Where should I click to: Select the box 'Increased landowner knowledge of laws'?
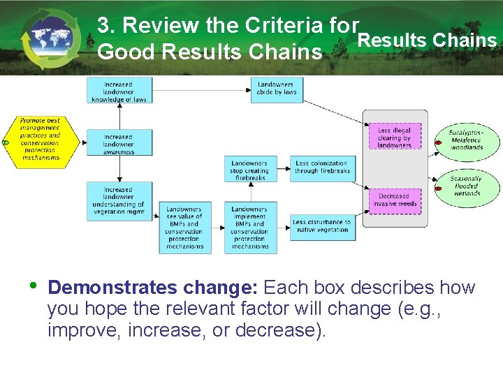coord(119,91)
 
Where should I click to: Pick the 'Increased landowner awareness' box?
coord(119,143)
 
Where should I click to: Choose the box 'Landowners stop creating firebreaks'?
coord(250,170)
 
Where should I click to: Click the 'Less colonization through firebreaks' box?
coord(322,168)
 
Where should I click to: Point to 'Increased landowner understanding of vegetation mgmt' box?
coord(119,200)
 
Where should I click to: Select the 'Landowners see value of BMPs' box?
coord(184,228)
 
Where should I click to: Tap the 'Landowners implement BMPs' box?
coord(250,228)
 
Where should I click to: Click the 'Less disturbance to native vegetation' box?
coord(322,226)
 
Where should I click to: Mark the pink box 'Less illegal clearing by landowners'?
coord(395,138)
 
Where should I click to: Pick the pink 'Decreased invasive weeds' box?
coord(395,200)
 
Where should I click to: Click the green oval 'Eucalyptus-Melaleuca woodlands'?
coord(467,140)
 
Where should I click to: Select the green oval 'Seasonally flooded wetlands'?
coord(466,186)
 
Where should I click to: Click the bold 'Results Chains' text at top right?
coord(427,40)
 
